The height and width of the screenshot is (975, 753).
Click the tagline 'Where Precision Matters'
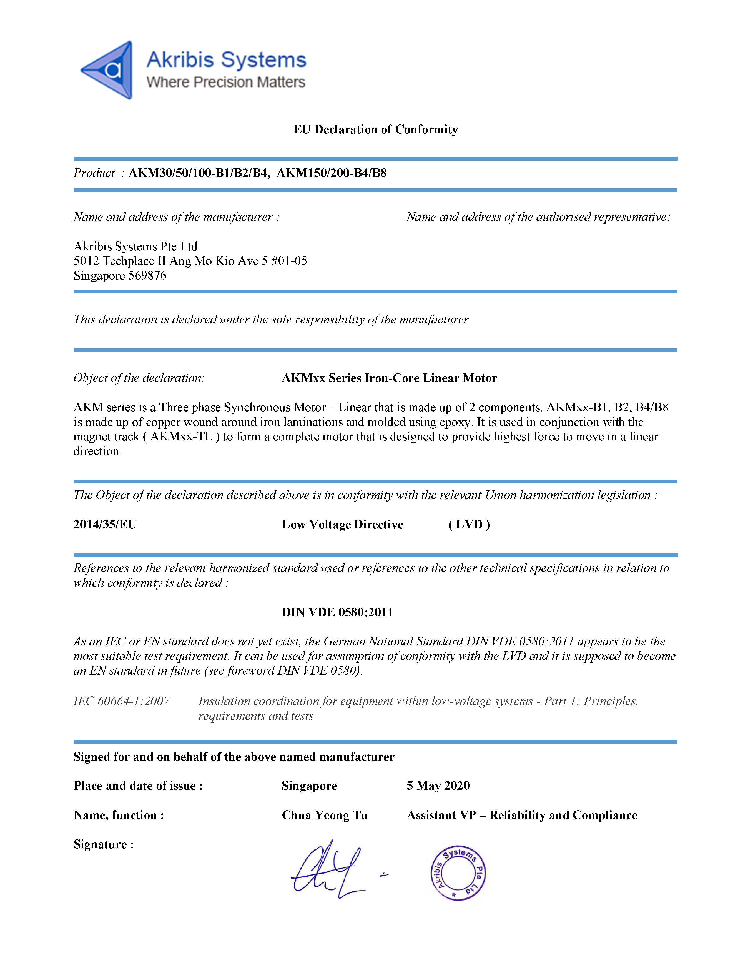226,82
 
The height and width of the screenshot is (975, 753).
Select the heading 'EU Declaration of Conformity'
376,129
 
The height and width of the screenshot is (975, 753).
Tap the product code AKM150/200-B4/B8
332,173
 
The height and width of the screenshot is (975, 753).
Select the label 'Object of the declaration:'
139,378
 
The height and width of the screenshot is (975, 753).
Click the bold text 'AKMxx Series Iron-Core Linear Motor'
389,378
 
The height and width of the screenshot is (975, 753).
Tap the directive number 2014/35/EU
105,525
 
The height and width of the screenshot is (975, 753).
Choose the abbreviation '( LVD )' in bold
469,525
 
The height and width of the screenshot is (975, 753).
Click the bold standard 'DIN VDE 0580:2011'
337,612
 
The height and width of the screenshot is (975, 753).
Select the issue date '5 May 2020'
438,786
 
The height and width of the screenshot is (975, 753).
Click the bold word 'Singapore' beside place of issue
309,786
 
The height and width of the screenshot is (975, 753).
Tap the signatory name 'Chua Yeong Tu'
324,815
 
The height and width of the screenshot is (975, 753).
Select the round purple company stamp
458,873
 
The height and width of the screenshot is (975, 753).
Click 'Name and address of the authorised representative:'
538,217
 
